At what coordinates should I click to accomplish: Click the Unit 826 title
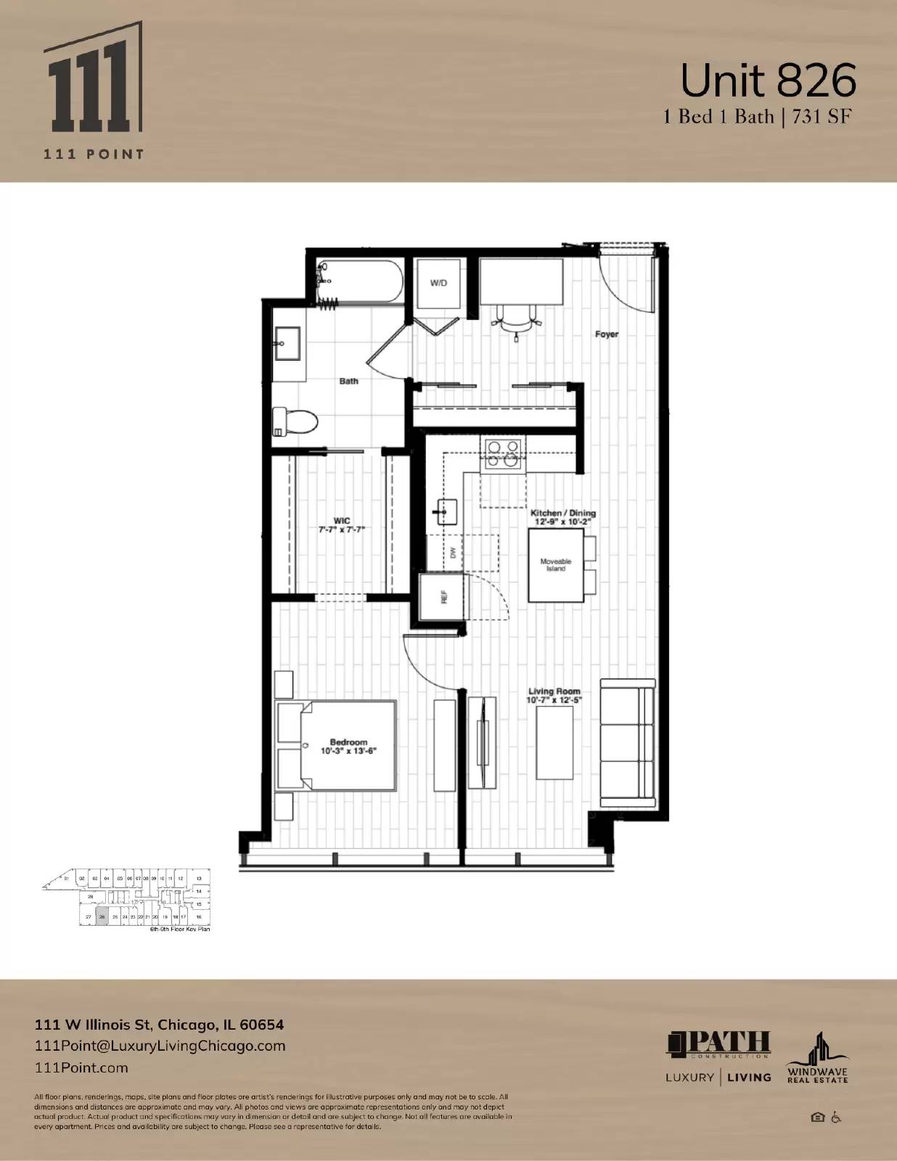pos(768,81)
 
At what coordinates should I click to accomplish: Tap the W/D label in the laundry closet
pos(438,283)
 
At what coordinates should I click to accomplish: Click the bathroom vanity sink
pos(288,342)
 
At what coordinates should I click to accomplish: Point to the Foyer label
pos(607,335)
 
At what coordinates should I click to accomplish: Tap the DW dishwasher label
pos(454,552)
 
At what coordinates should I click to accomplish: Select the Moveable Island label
pos(556,565)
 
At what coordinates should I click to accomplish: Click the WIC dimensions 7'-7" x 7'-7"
pos(341,530)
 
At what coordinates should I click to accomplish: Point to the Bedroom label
pos(348,742)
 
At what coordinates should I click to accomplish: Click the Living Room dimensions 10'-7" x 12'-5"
pos(554,700)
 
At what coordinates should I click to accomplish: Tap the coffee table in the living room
pos(554,742)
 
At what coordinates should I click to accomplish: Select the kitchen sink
pos(445,512)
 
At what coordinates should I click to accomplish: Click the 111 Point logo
pos(93,91)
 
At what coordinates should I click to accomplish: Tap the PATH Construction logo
pos(718,1044)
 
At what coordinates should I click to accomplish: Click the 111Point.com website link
pos(81,1067)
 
